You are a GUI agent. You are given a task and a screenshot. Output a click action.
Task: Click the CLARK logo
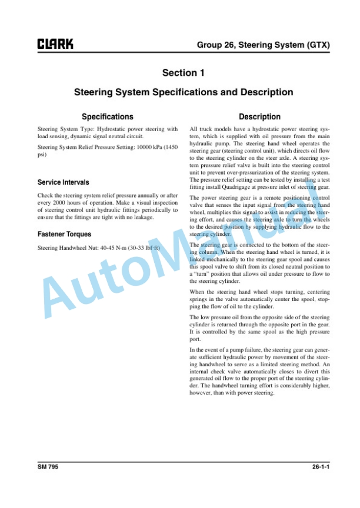(55, 45)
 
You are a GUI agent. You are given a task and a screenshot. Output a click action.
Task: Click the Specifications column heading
(107, 117)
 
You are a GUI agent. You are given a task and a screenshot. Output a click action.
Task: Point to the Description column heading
(260, 117)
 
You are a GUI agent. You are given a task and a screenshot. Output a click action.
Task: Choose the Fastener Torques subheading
(65, 235)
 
